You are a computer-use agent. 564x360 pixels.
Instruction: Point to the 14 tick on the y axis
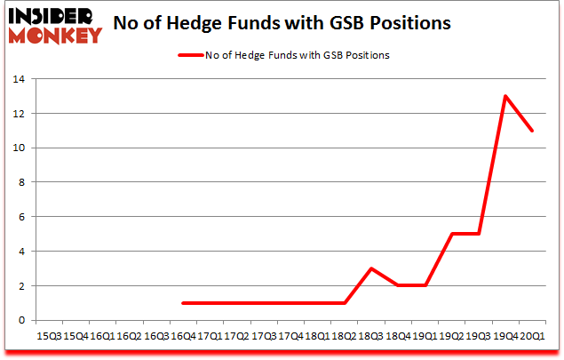tap(19, 80)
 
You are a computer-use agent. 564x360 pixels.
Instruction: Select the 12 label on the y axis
tap(19, 114)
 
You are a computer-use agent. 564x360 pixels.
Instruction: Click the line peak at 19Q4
tap(505, 96)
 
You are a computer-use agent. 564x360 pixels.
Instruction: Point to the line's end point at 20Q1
tap(532, 131)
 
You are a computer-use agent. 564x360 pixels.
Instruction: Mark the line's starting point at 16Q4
tap(183, 303)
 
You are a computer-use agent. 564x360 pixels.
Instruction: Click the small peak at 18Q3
tap(371, 268)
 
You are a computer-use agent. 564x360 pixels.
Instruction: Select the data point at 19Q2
tap(452, 234)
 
